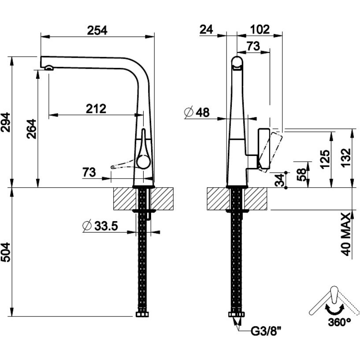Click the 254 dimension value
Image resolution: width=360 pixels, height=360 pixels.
97,30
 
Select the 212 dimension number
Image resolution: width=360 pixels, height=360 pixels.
96,109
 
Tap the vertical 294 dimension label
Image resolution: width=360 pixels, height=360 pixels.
6,122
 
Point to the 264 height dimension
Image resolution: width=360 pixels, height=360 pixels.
31,129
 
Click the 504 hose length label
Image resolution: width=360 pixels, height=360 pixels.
6,252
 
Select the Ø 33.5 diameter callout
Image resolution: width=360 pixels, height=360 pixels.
100,226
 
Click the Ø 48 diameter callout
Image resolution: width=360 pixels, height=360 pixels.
197,112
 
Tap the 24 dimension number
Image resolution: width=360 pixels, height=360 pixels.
206,30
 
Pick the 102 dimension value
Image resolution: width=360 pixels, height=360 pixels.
260,30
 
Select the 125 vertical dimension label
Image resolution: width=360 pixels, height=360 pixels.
325,160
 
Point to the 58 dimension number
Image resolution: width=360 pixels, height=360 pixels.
302,174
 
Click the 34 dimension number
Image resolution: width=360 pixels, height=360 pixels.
280,180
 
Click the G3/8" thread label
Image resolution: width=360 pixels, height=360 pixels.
266,331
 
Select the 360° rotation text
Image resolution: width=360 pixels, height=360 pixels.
339,322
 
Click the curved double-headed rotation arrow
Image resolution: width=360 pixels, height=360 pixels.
335,309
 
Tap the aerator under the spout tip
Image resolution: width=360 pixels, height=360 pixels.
49,68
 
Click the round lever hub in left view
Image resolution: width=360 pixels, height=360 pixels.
143,161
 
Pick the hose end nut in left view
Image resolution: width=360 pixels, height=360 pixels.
142,314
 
